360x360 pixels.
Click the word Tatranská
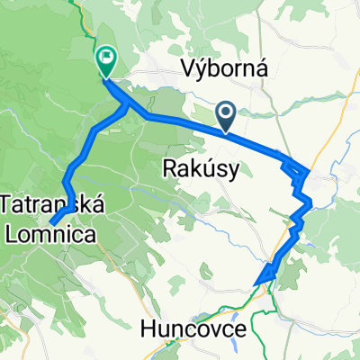(53, 206)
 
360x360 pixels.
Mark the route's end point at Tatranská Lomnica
(51, 221)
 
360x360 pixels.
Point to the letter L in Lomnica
(12, 231)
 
